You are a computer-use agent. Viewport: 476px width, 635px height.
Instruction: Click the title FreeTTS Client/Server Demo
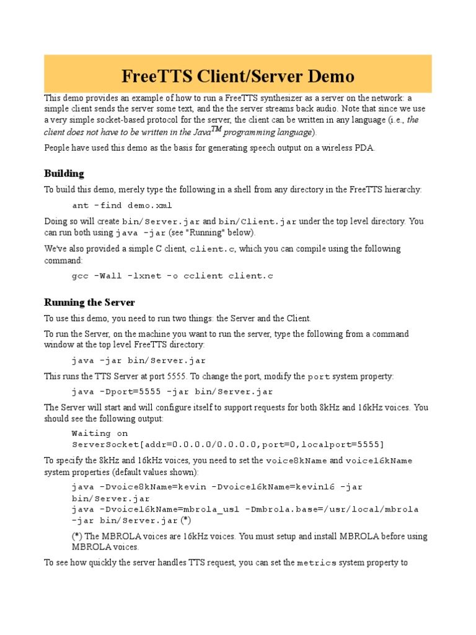(238, 76)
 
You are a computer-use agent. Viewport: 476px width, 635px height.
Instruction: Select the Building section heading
(64, 173)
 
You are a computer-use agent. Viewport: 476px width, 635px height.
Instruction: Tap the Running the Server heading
(89, 303)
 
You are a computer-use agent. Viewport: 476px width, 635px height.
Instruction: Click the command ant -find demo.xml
(122, 205)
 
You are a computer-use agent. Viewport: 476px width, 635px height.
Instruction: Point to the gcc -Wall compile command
(172, 275)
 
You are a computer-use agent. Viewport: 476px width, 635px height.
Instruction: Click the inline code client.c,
(213, 249)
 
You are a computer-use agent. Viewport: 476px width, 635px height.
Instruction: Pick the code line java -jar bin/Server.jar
(138, 360)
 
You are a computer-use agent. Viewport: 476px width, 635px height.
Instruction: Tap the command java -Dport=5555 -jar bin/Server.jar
(172, 392)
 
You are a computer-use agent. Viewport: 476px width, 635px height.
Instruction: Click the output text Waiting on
(100, 433)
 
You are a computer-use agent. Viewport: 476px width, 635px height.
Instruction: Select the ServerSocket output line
(227, 445)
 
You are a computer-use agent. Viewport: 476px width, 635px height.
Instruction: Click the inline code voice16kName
(379, 461)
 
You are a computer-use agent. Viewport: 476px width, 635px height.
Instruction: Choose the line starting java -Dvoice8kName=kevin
(217, 487)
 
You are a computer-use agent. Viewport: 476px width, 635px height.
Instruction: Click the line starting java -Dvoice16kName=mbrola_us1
(245, 509)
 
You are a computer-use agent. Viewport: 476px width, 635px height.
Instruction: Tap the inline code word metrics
(317, 563)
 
